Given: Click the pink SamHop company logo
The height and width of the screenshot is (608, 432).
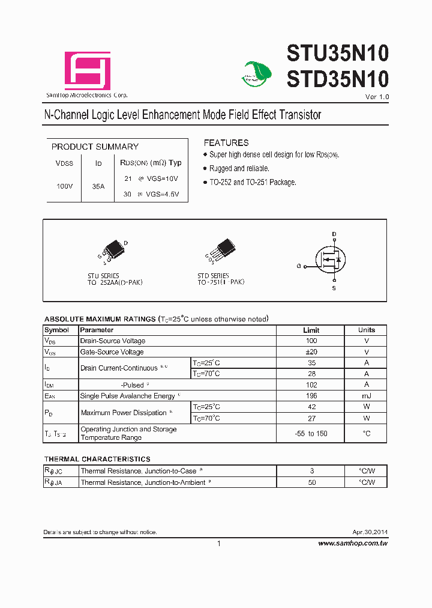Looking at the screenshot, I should [88, 71].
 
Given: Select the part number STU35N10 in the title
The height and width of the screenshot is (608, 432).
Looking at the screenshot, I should [338, 55].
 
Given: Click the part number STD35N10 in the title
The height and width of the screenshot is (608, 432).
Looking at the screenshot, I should [338, 79].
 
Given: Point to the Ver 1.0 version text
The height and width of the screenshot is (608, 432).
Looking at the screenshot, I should [377, 97].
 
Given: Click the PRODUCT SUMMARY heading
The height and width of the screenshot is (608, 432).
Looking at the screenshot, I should [95, 147].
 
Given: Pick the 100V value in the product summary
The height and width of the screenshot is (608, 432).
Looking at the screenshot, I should [64, 186].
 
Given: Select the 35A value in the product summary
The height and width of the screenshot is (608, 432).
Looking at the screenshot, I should [98, 186].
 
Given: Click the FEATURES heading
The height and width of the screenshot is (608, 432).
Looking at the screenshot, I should [226, 143].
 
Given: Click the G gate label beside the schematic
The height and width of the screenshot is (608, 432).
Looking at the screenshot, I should [298, 266].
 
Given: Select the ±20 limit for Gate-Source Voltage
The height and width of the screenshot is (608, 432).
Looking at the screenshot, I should [311, 352].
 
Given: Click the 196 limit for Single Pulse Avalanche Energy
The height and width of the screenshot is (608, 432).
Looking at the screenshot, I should [311, 395].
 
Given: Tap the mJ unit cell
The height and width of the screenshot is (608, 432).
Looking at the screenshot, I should [366, 395].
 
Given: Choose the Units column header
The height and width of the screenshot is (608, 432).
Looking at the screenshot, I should [366, 330].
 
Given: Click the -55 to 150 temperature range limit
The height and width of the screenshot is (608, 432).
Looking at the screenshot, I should [311, 434].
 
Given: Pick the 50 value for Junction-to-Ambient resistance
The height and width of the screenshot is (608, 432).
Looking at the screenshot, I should [311, 482].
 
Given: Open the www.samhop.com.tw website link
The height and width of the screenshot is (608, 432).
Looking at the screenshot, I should [353, 543].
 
